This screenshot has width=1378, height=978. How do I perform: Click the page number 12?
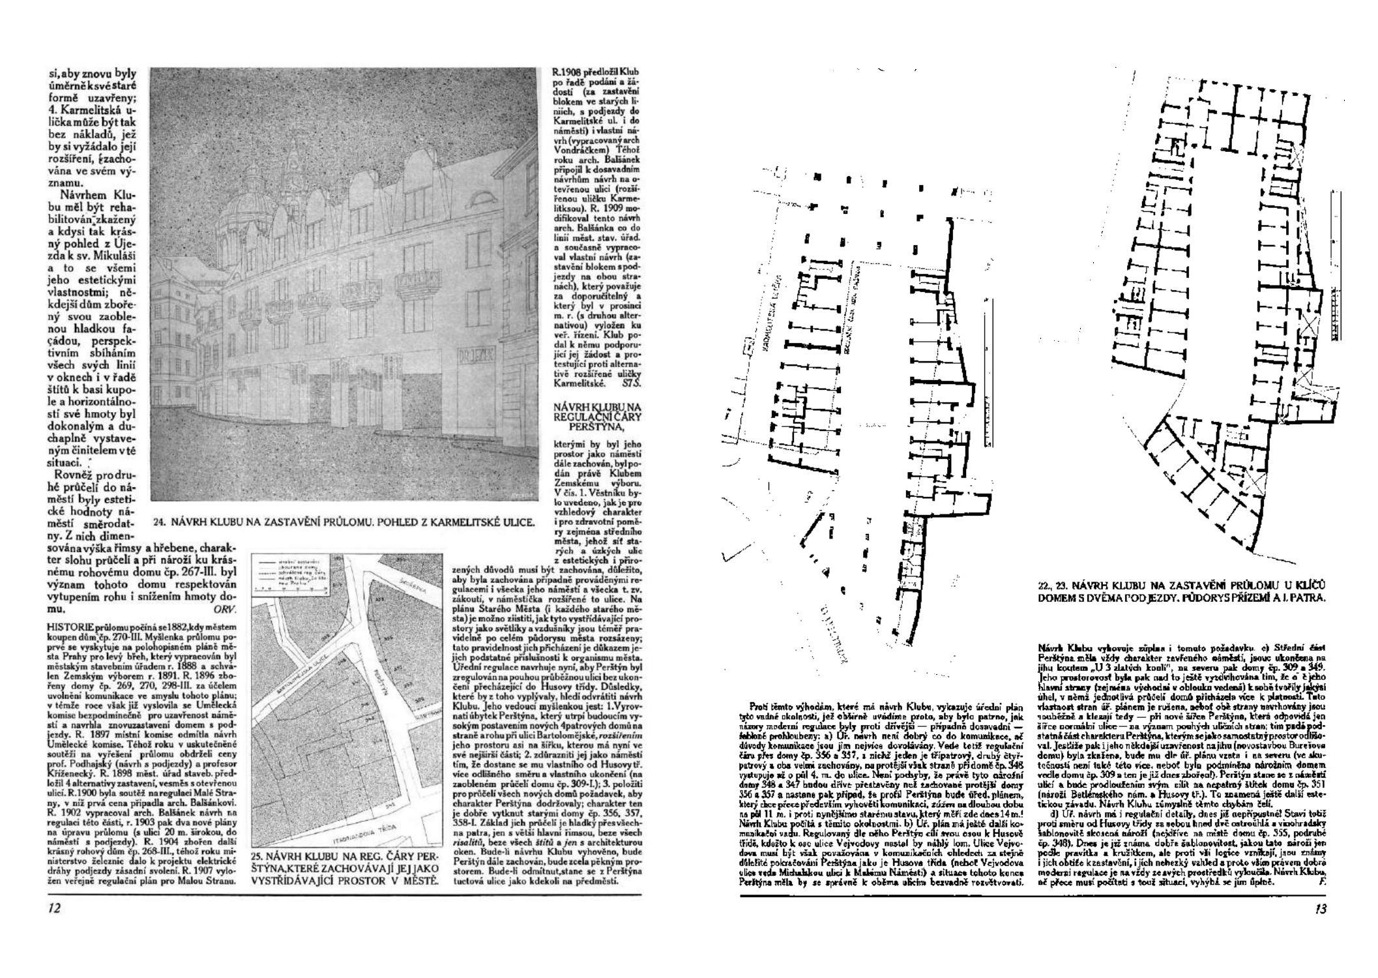coord(55,908)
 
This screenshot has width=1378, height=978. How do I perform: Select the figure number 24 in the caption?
coord(160,522)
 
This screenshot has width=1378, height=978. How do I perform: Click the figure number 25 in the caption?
coord(257,855)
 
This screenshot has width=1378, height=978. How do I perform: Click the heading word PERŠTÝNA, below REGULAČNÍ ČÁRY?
coord(596,427)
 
